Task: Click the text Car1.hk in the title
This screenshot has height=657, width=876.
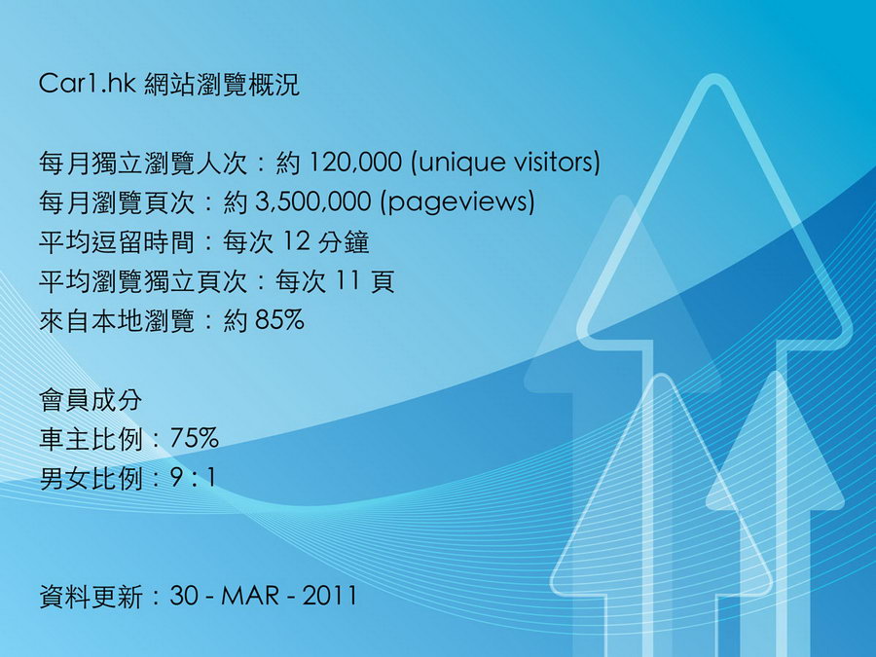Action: [x=88, y=84]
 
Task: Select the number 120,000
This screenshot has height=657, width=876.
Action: [x=354, y=163]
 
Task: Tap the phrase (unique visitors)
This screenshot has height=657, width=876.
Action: [x=505, y=163]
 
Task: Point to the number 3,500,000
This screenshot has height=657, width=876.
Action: [x=313, y=201]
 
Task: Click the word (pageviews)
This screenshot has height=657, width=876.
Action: [x=457, y=202]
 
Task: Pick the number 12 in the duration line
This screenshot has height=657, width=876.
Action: [x=296, y=241]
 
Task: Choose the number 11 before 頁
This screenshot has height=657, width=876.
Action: [x=347, y=281]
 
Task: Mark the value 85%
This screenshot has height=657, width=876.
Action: [x=280, y=320]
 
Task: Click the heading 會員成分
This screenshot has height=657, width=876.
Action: [x=91, y=400]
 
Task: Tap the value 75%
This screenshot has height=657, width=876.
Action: [x=194, y=439]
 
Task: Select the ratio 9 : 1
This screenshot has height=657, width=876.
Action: [x=193, y=478]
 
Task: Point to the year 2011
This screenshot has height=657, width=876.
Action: [x=329, y=596]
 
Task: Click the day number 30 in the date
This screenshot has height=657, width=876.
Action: [x=184, y=596]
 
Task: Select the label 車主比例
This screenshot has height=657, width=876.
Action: [x=91, y=439]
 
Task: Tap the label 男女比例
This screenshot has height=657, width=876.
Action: [x=91, y=479]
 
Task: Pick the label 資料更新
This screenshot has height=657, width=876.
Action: [x=91, y=596]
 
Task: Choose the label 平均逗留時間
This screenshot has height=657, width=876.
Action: [x=117, y=242]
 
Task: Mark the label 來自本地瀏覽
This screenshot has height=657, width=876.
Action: [x=117, y=321]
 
